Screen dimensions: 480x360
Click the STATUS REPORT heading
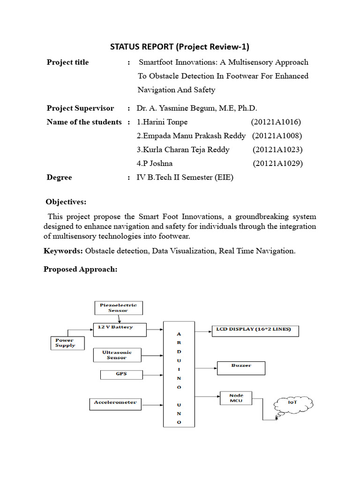(x=180, y=46)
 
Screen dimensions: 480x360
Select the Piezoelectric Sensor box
(x=118, y=307)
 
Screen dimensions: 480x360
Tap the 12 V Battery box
(x=120, y=330)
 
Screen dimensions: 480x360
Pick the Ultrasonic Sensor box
(x=117, y=355)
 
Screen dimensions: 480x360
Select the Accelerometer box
(x=115, y=403)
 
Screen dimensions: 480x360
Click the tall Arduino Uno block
(x=179, y=374)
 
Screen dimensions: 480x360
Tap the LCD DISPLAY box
(x=255, y=330)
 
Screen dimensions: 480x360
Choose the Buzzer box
(x=241, y=367)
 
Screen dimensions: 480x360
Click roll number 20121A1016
(x=276, y=122)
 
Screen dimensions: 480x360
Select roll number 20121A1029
(x=277, y=163)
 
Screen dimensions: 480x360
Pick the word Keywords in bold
(x=63, y=251)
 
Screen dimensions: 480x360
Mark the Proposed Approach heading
(x=80, y=270)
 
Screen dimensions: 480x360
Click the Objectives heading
(x=66, y=202)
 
